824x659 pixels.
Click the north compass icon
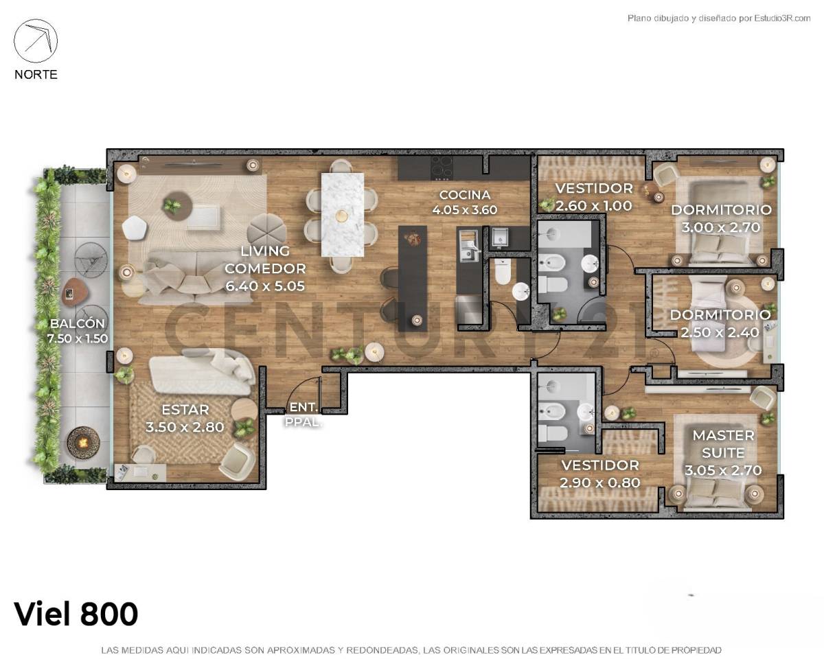(x=36, y=41)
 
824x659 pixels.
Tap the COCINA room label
(x=464, y=195)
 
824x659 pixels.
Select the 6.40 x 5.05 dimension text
(x=265, y=286)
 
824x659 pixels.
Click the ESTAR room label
(x=185, y=410)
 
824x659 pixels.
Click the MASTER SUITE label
(x=723, y=443)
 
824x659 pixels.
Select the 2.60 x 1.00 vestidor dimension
(x=593, y=205)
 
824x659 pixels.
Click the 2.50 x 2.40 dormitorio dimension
(x=720, y=332)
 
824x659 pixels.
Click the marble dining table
(x=342, y=213)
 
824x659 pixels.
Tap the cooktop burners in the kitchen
(x=442, y=166)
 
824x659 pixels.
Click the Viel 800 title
(x=76, y=614)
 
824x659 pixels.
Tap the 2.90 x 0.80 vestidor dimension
(x=599, y=483)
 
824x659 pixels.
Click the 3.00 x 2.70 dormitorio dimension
(x=722, y=227)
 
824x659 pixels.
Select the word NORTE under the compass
(x=36, y=74)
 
